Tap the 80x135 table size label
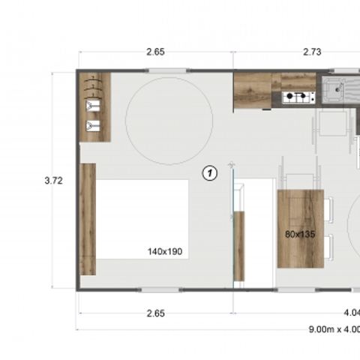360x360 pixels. pyautogui.click(x=300, y=234)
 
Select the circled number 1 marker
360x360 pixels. pyautogui.click(x=210, y=173)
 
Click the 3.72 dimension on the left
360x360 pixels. pyautogui.click(x=52, y=180)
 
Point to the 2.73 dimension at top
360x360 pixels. pyautogui.click(x=312, y=52)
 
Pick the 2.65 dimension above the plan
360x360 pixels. pyautogui.click(x=155, y=52)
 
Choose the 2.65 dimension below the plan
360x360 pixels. pyautogui.click(x=155, y=313)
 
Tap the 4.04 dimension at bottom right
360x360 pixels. pyautogui.click(x=350, y=313)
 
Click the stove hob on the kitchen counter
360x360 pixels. pyautogui.click(x=297, y=97)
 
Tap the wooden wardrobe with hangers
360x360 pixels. pyautogui.click(x=94, y=106)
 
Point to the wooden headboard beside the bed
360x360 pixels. pyautogui.click(x=88, y=219)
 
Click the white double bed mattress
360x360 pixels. pyautogui.click(x=142, y=219)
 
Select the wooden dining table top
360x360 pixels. pyautogui.click(x=300, y=228)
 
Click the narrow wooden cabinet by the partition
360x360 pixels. pyautogui.click(x=239, y=246)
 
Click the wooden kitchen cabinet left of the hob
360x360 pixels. pyautogui.click(x=252, y=90)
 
